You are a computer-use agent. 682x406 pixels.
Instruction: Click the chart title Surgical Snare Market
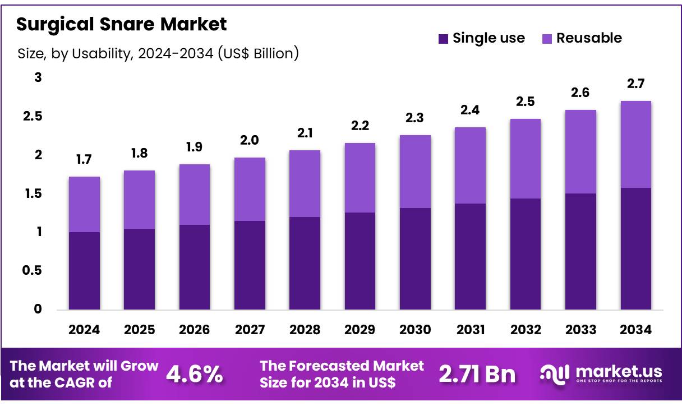pos(122,25)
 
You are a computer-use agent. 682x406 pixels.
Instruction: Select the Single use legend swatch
pos(443,39)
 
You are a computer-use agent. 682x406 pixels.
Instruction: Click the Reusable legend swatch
pos(547,39)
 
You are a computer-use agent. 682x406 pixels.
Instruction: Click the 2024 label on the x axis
pos(84,330)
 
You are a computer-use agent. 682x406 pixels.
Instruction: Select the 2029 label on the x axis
pos(360,330)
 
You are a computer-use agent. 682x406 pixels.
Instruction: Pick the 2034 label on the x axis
pos(635,330)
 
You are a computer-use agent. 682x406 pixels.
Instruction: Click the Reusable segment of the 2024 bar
pos(84,204)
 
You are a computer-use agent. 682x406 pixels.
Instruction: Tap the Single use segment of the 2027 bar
pos(250,265)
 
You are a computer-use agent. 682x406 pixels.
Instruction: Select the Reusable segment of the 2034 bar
pos(635,144)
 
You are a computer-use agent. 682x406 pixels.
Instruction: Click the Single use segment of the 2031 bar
pos(470,256)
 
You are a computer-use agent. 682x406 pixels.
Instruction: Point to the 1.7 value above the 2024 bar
pos(84,160)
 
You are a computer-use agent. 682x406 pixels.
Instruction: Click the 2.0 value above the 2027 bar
pos(250,141)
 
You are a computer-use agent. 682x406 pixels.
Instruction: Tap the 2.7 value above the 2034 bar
pos(635,84)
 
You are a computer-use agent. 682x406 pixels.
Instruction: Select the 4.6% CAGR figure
pos(195,374)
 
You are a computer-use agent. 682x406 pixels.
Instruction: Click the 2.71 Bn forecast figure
pos(477,374)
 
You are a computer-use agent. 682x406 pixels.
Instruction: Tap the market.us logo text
pos(617,371)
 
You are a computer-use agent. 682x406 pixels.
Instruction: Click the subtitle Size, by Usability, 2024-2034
pos(158,54)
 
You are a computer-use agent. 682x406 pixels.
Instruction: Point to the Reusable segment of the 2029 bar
pos(360,178)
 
